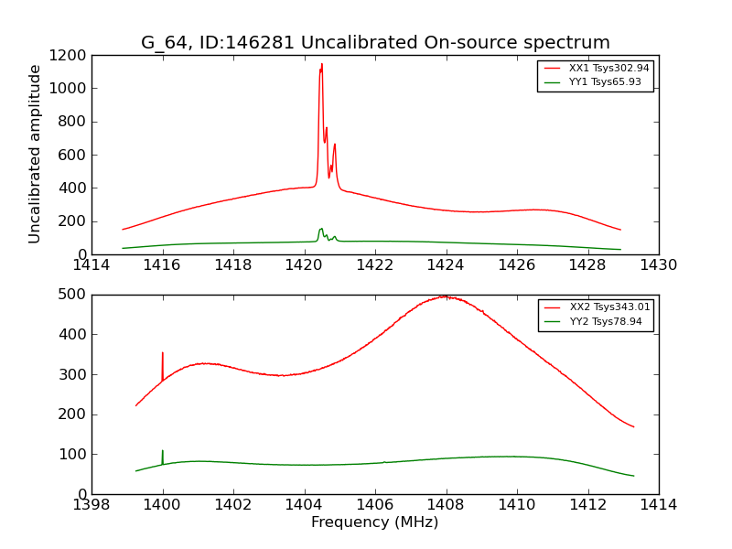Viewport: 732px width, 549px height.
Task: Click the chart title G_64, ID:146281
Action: pos(375,43)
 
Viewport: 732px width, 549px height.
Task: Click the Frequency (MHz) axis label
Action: pos(375,522)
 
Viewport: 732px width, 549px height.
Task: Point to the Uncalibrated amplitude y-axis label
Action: pos(36,154)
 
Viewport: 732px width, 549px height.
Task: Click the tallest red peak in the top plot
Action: pos(321,65)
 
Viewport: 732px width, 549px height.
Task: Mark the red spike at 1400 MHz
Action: pos(163,353)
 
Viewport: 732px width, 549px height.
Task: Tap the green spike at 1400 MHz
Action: pos(163,451)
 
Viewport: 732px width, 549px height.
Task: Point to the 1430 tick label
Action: pos(658,265)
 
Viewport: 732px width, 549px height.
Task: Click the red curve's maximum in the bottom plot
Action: pos(444,296)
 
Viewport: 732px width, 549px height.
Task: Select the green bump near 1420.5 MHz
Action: pos(321,229)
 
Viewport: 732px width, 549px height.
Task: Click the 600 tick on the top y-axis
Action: pos(74,156)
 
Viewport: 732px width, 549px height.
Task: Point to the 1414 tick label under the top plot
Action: pos(91,265)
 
